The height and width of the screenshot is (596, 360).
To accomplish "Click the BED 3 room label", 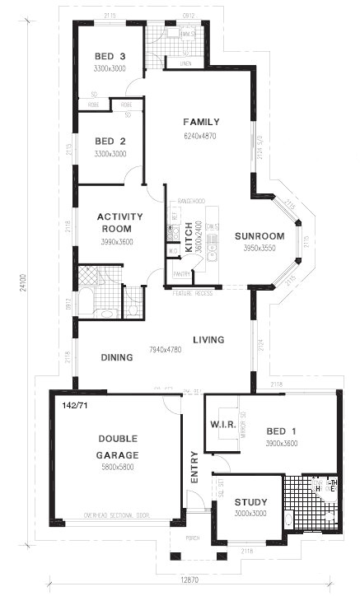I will pyautogui.click(x=110, y=56).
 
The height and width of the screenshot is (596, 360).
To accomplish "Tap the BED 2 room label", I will pyautogui.click(x=110, y=141).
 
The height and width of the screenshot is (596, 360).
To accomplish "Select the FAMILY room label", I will pyautogui.click(x=201, y=122).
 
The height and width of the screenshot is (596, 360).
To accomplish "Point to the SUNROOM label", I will pyautogui.click(x=259, y=236).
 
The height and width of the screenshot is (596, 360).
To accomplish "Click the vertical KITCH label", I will pyautogui.click(x=188, y=236).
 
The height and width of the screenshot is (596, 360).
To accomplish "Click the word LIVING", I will pyautogui.click(x=208, y=339).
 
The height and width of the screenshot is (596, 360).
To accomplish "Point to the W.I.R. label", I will pyautogui.click(x=224, y=426).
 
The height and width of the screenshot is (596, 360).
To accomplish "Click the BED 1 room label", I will pyautogui.click(x=281, y=431).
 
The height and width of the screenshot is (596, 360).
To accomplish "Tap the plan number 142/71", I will pyautogui.click(x=74, y=405).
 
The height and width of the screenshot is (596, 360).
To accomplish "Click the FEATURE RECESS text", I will pyautogui.click(x=193, y=293).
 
